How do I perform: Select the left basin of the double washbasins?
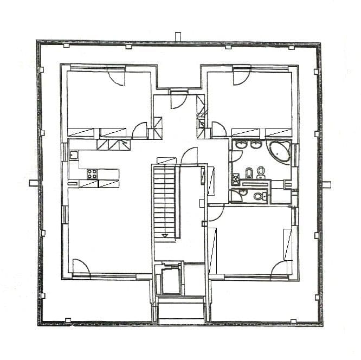(242, 145)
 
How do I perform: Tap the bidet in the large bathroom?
(249, 173)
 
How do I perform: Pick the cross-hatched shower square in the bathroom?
(236, 179)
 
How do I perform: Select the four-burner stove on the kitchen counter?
(92, 174)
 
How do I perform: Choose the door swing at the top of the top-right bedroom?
(241, 76)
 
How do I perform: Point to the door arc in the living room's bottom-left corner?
(81, 267)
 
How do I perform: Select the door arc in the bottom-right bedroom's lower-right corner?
(280, 268)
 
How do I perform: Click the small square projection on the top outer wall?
(178, 37)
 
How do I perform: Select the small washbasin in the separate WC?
(243, 193)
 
